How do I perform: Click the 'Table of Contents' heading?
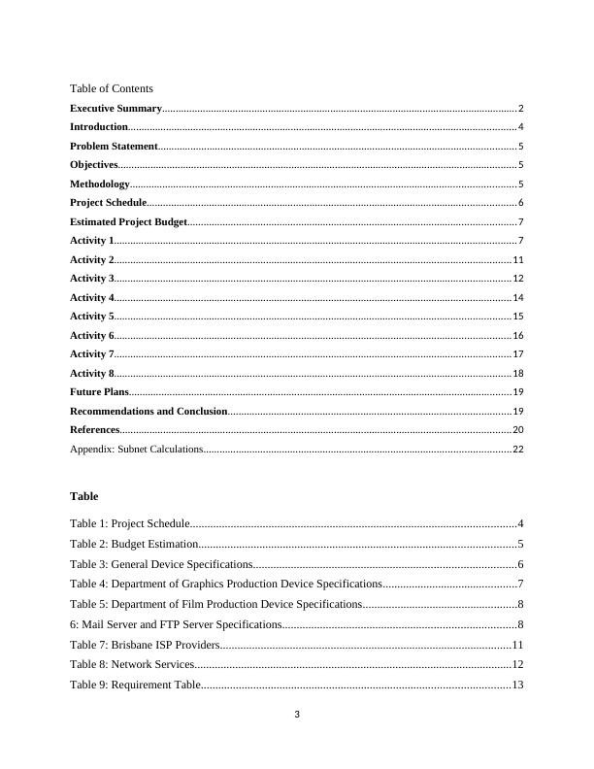pyautogui.click(x=112, y=88)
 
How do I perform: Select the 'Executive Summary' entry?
pyautogui.click(x=115, y=109)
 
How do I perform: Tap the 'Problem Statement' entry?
pyautogui.click(x=114, y=147)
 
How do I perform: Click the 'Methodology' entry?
pyautogui.click(x=100, y=184)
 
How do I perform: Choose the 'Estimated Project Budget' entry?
pyautogui.click(x=128, y=222)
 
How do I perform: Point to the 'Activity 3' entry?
pyautogui.click(x=92, y=279)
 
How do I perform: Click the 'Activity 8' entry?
pyautogui.click(x=92, y=373)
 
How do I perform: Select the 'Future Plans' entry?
pyautogui.click(x=99, y=392)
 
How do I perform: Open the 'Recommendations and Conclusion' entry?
pyautogui.click(x=148, y=412)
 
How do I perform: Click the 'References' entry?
pyautogui.click(x=95, y=430)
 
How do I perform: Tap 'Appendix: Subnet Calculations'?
pyautogui.click(x=137, y=450)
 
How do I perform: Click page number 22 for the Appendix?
pyautogui.click(x=518, y=450)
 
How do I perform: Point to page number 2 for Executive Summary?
pyautogui.click(x=521, y=109)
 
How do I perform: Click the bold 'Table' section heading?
pyautogui.click(x=84, y=496)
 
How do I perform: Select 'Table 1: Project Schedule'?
pyautogui.click(x=130, y=524)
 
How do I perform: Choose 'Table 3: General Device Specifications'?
pyautogui.click(x=161, y=564)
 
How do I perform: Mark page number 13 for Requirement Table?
pyautogui.click(x=517, y=685)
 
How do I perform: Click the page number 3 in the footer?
pyautogui.click(x=297, y=716)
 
